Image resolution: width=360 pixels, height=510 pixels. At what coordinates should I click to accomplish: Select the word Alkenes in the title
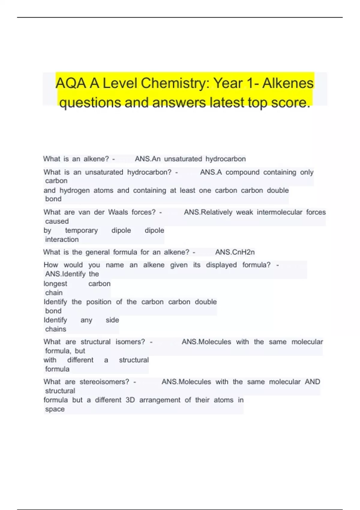(x=288, y=83)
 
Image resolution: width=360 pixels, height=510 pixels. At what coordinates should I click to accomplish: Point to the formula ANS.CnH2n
(x=235, y=252)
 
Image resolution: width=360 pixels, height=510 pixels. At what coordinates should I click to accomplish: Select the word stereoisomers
(x=104, y=382)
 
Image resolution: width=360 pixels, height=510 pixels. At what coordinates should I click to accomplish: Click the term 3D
(x=130, y=400)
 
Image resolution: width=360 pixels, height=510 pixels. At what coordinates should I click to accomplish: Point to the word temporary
(x=81, y=230)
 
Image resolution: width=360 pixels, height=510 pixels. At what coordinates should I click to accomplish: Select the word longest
(x=55, y=284)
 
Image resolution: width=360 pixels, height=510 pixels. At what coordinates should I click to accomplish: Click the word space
(x=55, y=409)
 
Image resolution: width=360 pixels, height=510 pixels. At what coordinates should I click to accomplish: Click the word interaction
(x=62, y=240)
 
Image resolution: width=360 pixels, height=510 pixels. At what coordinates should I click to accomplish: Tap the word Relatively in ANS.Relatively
(x=216, y=212)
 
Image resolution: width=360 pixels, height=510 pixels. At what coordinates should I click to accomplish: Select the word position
(x=99, y=302)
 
